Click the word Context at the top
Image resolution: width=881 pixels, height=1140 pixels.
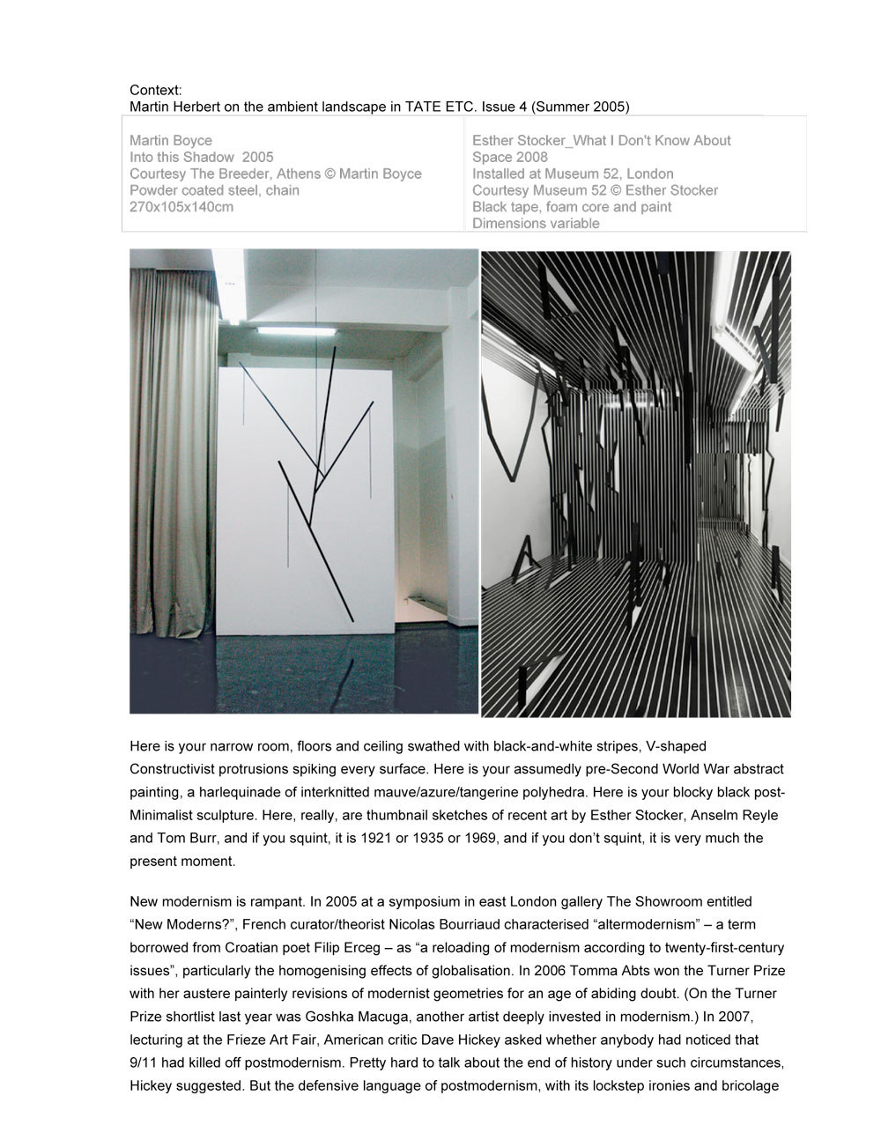[155, 90]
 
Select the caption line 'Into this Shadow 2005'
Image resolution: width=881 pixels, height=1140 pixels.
[202, 157]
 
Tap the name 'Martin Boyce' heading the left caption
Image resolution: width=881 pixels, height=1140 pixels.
[171, 140]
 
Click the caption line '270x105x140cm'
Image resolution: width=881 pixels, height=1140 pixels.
[181, 207]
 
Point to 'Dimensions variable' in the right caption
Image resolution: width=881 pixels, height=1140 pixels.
[536, 224]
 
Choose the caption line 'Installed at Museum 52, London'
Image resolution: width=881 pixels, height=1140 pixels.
[573, 174]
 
